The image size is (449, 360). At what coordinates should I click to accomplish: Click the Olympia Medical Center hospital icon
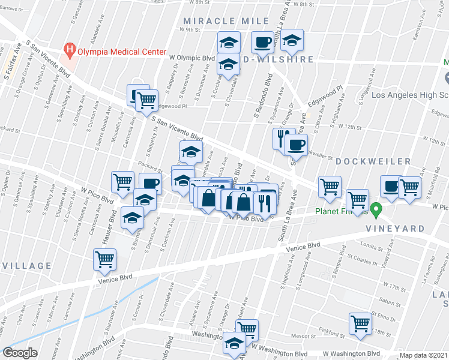point(70,52)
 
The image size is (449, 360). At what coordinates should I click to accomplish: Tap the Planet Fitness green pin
point(376,210)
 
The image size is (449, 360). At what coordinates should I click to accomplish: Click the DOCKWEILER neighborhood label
point(373,161)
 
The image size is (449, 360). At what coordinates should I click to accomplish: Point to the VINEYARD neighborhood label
point(397,229)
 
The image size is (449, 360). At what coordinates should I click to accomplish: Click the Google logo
point(20,353)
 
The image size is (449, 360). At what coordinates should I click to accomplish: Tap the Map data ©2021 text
point(423,355)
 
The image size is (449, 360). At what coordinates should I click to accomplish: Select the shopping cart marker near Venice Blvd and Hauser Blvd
point(105,260)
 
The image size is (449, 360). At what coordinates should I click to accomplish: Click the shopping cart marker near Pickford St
point(361,324)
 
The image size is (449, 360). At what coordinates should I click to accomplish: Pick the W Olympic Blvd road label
point(192,58)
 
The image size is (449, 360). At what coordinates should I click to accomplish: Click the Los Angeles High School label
point(411,95)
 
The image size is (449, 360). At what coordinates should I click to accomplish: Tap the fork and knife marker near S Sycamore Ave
point(282,138)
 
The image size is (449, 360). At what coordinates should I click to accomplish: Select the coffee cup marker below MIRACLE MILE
point(262,42)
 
